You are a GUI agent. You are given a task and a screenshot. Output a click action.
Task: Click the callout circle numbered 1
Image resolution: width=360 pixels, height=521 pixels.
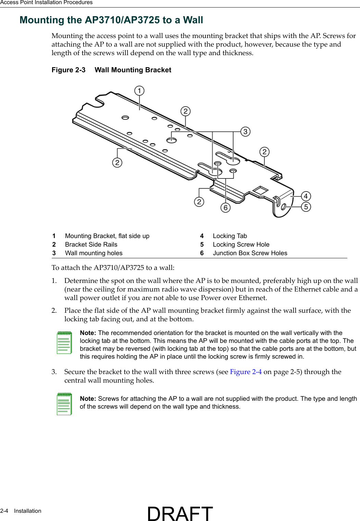[139, 91]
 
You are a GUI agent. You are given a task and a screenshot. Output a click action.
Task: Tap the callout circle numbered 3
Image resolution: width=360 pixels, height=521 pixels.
[245, 132]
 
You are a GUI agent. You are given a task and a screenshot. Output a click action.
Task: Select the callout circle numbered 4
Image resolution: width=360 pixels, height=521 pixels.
[306, 196]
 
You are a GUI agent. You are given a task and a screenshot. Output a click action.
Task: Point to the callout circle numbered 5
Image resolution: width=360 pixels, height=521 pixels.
[306, 207]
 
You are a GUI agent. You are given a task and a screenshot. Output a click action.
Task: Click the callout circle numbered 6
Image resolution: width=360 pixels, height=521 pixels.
[225, 208]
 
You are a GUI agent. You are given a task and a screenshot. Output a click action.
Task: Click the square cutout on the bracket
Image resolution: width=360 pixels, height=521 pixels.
[260, 191]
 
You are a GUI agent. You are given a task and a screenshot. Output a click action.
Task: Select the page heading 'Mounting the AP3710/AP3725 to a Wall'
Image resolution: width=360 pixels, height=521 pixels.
[111, 20]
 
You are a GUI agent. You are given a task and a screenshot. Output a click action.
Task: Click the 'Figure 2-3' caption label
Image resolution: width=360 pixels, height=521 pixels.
[69, 70]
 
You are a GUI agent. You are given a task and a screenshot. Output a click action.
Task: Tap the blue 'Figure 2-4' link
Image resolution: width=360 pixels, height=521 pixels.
[246, 372]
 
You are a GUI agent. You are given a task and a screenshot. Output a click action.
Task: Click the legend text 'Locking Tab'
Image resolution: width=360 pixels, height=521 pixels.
[230, 236]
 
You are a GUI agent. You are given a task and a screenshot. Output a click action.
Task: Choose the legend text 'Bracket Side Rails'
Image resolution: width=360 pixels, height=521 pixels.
[91, 245]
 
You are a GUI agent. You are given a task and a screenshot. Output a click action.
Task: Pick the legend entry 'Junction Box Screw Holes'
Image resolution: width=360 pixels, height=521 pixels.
[250, 253]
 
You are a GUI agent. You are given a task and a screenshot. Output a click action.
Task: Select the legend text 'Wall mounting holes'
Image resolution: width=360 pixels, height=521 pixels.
[94, 253]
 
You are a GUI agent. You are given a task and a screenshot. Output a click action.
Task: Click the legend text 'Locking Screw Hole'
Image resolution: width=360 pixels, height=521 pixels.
[241, 245]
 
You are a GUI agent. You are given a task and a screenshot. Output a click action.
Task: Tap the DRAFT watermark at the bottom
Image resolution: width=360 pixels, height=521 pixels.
[180, 513]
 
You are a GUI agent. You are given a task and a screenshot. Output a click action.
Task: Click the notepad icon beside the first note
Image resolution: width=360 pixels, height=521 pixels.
[64, 342]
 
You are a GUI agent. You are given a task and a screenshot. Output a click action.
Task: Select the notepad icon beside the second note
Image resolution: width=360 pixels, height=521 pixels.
[64, 404]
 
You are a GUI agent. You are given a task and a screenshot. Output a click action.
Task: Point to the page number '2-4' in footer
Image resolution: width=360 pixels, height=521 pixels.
[4, 511]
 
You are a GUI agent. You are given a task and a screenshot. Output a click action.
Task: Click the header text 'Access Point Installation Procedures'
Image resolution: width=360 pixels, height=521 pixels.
[46, 2]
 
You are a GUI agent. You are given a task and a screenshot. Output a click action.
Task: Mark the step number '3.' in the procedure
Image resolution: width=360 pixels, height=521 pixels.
[54, 372]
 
